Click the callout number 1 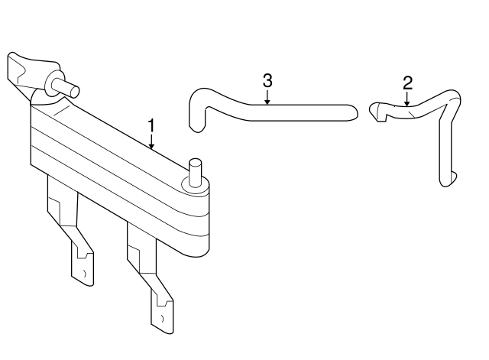[x=151, y=125]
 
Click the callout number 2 [x=407, y=83]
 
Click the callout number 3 [x=267, y=80]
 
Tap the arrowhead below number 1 [x=151, y=145]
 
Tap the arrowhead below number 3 [x=267, y=101]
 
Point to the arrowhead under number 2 [x=406, y=103]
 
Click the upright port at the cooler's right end [x=196, y=173]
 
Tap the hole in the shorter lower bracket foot [x=85, y=274]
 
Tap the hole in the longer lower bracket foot [x=163, y=319]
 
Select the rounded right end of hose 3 [x=351, y=112]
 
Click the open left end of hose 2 [x=375, y=112]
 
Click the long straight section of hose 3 [x=300, y=112]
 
